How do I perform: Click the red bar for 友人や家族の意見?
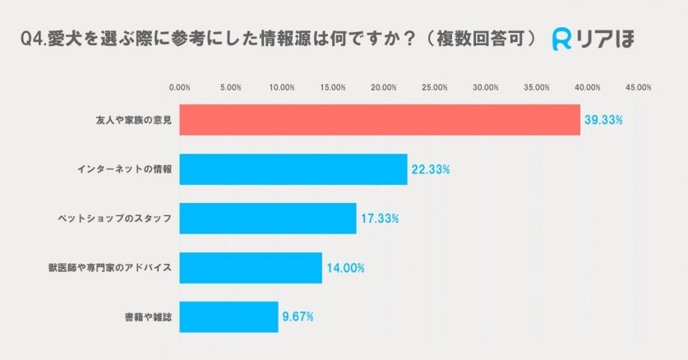click(379, 120)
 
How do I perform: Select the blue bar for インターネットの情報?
click(293, 169)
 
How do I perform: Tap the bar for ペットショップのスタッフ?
click(267, 218)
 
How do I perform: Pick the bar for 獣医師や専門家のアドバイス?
click(250, 267)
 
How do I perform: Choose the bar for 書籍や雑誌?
click(229, 316)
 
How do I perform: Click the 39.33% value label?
click(603, 120)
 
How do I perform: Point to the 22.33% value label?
click(430, 169)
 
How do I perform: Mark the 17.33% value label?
click(379, 219)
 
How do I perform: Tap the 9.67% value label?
click(298, 316)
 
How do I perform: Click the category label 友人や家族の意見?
click(133, 120)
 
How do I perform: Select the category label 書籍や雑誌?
click(148, 316)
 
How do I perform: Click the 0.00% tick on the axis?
click(179, 86)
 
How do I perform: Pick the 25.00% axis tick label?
click(434, 86)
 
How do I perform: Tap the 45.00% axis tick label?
click(638, 86)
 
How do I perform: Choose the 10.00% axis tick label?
click(282, 86)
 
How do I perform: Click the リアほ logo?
click(593, 39)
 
